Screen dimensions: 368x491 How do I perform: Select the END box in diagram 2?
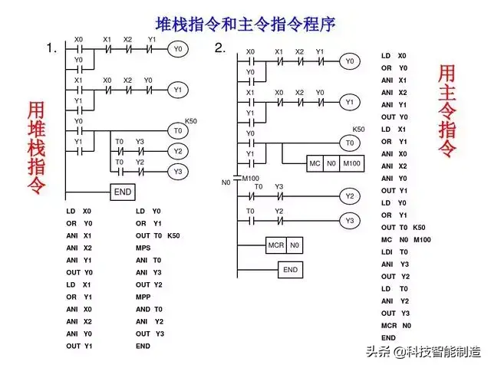click(x=290, y=270)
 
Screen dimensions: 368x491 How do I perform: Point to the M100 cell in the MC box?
click(x=351, y=165)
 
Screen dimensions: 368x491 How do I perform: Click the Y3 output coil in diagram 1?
click(x=178, y=171)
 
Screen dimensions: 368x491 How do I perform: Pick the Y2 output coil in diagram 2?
click(x=350, y=197)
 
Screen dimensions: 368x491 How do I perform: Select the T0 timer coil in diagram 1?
click(x=178, y=130)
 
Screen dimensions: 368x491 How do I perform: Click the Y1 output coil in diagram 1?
click(x=178, y=90)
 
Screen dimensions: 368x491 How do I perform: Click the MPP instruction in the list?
click(x=143, y=297)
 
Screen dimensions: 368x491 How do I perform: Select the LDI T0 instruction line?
click(x=395, y=251)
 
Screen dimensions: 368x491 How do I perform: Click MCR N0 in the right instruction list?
click(x=396, y=325)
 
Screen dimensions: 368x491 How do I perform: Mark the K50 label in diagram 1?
click(x=191, y=121)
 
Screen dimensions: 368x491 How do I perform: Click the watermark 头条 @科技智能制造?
click(x=423, y=352)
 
